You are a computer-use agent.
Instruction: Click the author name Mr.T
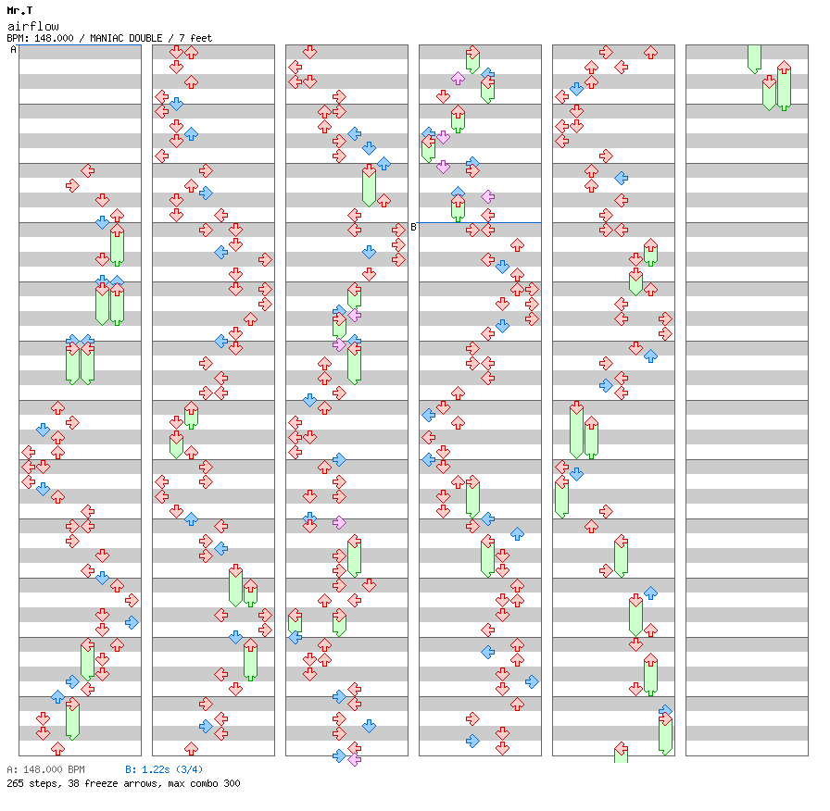(x=19, y=10)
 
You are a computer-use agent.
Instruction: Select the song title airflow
(x=28, y=26)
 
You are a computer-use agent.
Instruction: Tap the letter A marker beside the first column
(x=13, y=50)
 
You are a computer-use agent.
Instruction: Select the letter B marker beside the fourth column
(x=413, y=227)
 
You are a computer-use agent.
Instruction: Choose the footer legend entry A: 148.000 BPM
(x=45, y=769)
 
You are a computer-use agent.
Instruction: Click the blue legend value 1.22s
(x=154, y=769)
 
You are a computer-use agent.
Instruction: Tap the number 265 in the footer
(x=15, y=783)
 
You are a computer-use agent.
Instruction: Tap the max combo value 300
(x=231, y=783)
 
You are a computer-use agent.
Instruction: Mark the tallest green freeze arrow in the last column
(x=784, y=87)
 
